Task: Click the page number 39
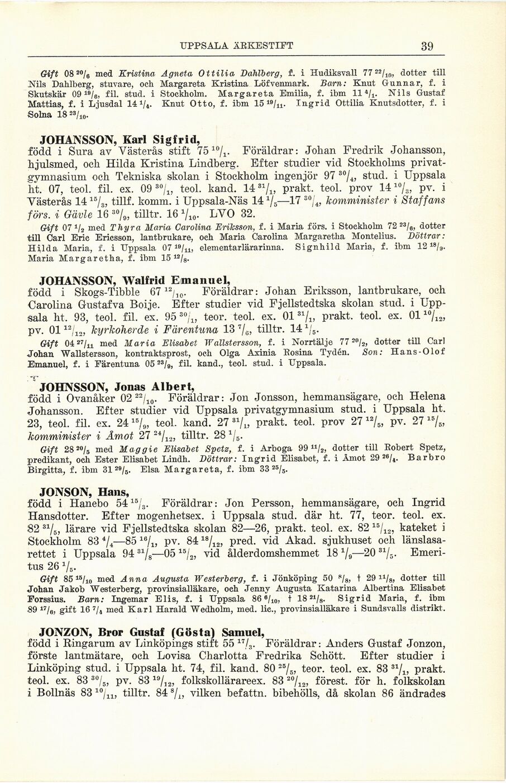[427, 46]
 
